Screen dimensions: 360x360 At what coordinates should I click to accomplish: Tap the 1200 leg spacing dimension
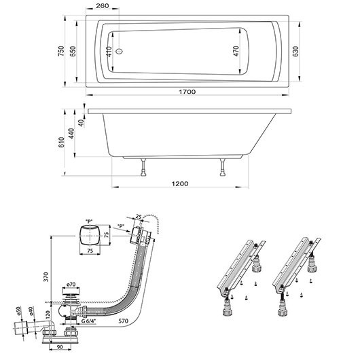coord(179,184)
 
